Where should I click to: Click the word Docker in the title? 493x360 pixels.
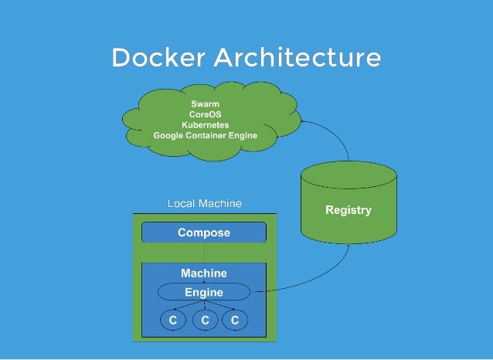coord(158,58)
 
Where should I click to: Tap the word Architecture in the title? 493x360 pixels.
coord(297,58)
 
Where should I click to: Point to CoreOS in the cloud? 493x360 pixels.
coord(205,114)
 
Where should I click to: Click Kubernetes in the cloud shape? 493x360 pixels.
coord(205,124)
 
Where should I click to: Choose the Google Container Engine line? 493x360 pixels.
coord(205,135)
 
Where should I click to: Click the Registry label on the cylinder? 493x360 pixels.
coord(348,210)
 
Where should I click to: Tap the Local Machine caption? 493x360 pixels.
coord(204,203)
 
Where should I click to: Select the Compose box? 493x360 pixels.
coord(204,233)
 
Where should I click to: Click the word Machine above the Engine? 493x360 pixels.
coord(204,273)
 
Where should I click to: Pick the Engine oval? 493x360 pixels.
coord(204,292)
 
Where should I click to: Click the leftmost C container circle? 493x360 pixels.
coord(174,320)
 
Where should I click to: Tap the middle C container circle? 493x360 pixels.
coord(205,320)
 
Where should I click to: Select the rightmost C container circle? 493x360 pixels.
coord(235,320)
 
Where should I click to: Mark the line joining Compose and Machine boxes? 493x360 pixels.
coord(204,253)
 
